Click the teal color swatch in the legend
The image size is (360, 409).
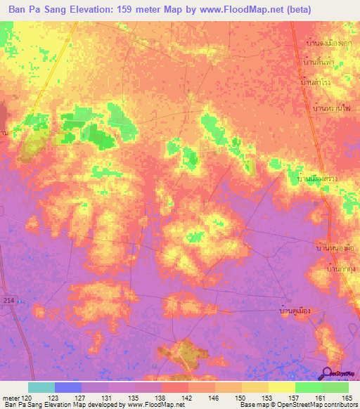[x=41, y=387]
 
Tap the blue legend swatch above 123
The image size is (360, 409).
[x=68, y=387]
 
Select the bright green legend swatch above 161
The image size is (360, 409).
[x=309, y=387]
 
